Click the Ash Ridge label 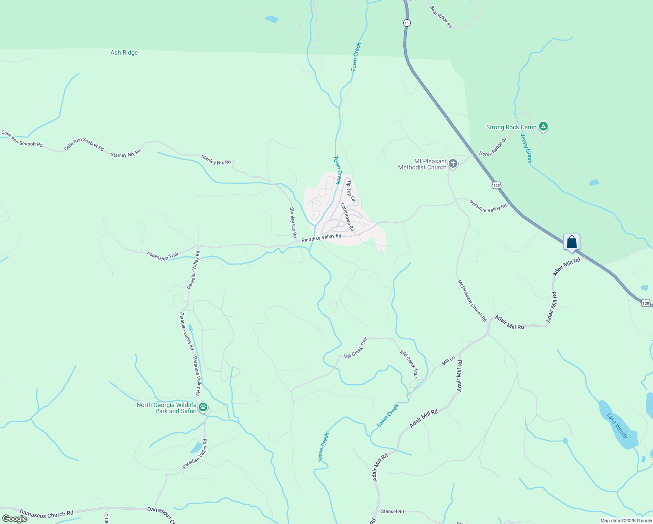[x=124, y=53]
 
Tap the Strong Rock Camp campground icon [x=543, y=127]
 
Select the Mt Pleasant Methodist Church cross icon [x=453, y=164]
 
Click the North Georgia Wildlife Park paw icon [x=203, y=407]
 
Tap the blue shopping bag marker [x=571, y=242]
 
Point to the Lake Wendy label [x=617, y=426]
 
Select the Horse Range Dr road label [x=493, y=147]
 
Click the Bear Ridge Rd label [x=441, y=17]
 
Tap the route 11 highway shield [x=407, y=23]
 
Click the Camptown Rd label [x=347, y=217]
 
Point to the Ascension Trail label [x=162, y=256]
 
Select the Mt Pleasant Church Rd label [x=472, y=301]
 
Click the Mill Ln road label [x=448, y=361]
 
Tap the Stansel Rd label [x=392, y=511]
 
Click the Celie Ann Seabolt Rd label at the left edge [x=22, y=138]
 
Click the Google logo [x=15, y=519]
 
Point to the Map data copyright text [x=626, y=521]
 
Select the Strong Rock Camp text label [x=511, y=128]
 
